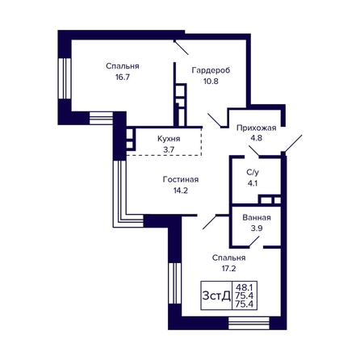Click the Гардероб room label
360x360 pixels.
pyautogui.click(x=211, y=70)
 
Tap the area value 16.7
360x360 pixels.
pyautogui.click(x=123, y=77)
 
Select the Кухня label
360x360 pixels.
pyautogui.click(x=169, y=139)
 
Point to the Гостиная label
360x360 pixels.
pyautogui.click(x=181, y=179)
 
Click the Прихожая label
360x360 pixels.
pyautogui.click(x=257, y=128)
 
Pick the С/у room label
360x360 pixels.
pyautogui.click(x=253, y=172)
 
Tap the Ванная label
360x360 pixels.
pyautogui.click(x=257, y=217)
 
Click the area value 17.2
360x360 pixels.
pyautogui.click(x=228, y=268)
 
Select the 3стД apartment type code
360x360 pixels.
pyautogui.click(x=216, y=296)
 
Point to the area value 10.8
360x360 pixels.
pyautogui.click(x=211, y=81)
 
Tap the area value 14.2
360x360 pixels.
pyautogui.click(x=181, y=190)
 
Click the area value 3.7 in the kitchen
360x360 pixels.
pyautogui.click(x=169, y=149)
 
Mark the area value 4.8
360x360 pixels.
pyautogui.click(x=257, y=138)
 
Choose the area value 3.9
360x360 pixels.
pyautogui.click(x=257, y=228)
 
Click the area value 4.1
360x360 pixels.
pyautogui.click(x=253, y=183)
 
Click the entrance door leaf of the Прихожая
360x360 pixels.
pyautogui.click(x=293, y=144)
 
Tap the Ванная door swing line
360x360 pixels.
pyautogui.click(x=254, y=241)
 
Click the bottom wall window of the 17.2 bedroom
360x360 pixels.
pyautogui.click(x=249, y=323)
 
